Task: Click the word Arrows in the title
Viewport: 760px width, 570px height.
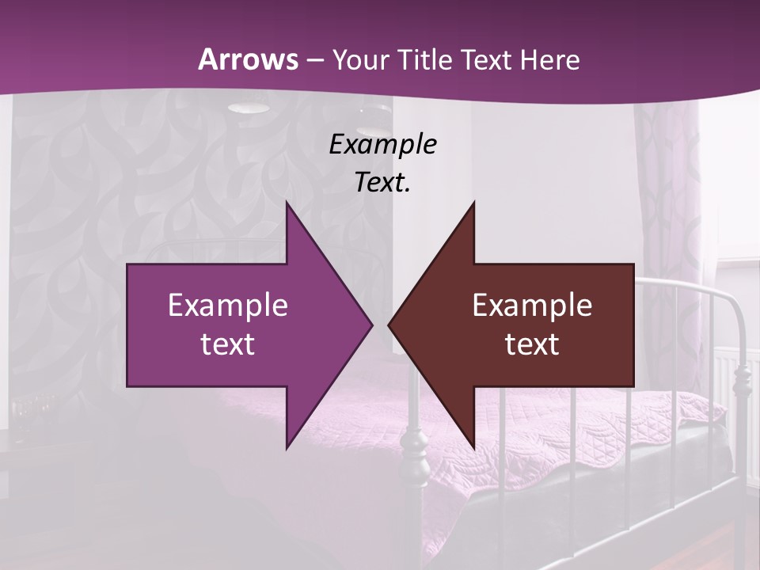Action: (248, 59)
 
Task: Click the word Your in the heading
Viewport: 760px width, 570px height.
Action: (362, 59)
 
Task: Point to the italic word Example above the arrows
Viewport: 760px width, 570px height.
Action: (382, 144)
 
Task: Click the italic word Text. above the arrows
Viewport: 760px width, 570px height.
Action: (382, 182)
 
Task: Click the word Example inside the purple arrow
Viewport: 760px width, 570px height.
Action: (227, 306)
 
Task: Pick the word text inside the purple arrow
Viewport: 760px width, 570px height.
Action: (227, 344)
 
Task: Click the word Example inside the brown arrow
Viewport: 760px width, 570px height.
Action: (532, 306)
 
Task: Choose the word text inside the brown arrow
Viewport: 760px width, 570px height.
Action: (532, 344)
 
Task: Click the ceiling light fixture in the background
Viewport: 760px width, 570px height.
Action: (248, 108)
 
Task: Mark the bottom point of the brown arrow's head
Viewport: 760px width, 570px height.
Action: (473, 446)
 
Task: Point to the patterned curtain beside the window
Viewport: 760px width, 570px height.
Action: (669, 198)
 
